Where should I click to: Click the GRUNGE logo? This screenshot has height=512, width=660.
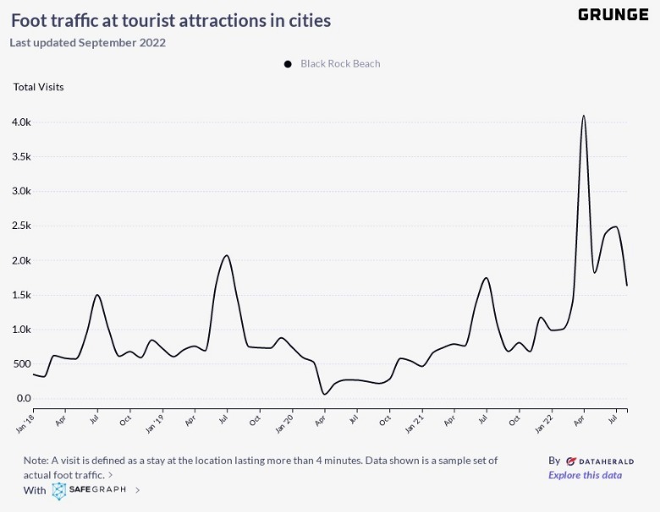point(613,14)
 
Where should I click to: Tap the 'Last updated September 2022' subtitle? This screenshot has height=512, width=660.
point(88,42)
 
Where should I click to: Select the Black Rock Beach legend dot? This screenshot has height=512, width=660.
point(288,63)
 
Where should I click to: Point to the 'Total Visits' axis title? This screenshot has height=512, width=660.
point(38,86)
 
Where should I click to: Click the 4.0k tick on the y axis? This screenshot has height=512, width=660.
point(21,123)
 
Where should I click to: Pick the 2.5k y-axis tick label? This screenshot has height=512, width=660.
point(21,226)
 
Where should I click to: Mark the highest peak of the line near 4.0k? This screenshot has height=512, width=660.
point(584,116)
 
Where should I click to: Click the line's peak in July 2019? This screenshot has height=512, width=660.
point(226,255)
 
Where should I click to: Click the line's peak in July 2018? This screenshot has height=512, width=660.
point(97,295)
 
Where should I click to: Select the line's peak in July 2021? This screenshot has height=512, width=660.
point(486,278)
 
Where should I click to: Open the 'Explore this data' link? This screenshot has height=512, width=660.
point(585,475)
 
